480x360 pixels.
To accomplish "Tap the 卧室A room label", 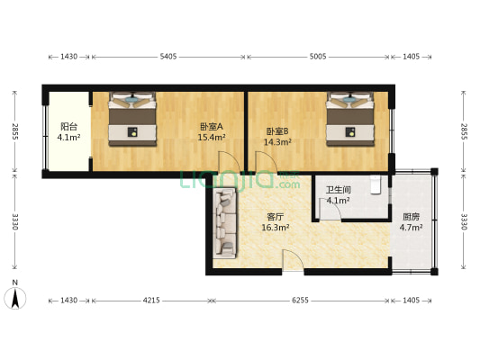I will point(212,127).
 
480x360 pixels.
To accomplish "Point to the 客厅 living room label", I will point(276,216).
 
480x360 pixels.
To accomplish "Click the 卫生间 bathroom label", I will point(338,190).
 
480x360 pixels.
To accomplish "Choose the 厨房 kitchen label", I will point(412,216).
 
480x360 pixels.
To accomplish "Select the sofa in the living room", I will point(222,225).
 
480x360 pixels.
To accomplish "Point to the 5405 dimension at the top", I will point(168,57).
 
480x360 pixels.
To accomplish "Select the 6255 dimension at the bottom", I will point(296,301).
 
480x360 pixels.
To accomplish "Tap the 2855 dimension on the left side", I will point(15,131).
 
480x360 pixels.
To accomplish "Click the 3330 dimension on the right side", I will point(464,221).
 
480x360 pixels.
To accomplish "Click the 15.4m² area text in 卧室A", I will point(212,138).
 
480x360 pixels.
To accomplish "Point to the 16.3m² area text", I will point(276,228).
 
